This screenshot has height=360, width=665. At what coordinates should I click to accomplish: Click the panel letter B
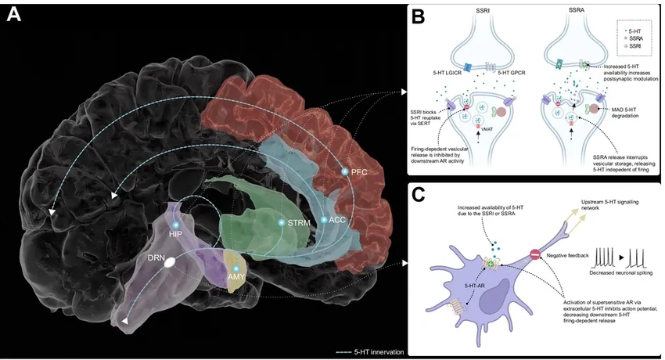[x=418, y=16]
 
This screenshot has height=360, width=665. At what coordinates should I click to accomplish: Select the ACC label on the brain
[x=336, y=220]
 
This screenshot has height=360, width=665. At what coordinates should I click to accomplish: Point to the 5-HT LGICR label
[x=442, y=73]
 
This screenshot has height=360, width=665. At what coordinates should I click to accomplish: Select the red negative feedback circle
[x=535, y=254]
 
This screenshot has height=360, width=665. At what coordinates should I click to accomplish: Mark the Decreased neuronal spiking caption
[x=622, y=275]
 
